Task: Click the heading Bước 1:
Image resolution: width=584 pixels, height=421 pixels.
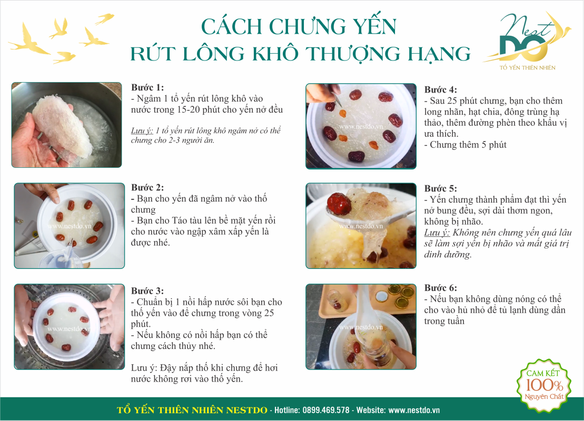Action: [147, 87]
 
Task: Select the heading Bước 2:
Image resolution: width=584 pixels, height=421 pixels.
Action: [147, 187]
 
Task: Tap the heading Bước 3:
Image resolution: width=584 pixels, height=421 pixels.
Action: [147, 290]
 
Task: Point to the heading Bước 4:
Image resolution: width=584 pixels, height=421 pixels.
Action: [441, 89]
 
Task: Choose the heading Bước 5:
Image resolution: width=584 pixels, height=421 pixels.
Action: [441, 188]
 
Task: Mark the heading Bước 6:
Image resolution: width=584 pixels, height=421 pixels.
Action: [441, 288]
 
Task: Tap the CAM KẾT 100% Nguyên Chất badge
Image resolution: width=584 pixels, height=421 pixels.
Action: [544, 385]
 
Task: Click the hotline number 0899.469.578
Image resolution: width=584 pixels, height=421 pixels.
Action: [326, 410]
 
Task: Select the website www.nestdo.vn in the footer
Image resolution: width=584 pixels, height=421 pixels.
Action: [414, 410]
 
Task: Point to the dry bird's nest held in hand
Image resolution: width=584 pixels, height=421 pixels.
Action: [62, 128]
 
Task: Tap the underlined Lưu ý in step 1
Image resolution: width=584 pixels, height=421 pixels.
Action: [142, 131]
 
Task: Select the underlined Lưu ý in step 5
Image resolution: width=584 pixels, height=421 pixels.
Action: [437, 233]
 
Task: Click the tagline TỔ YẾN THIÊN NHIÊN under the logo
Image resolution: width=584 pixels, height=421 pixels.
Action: [527, 68]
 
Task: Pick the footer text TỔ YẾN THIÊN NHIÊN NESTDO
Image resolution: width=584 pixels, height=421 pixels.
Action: [192, 410]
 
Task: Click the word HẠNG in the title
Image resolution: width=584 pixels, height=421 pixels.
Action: [440, 54]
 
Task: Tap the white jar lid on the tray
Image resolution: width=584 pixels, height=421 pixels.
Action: [382, 296]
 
